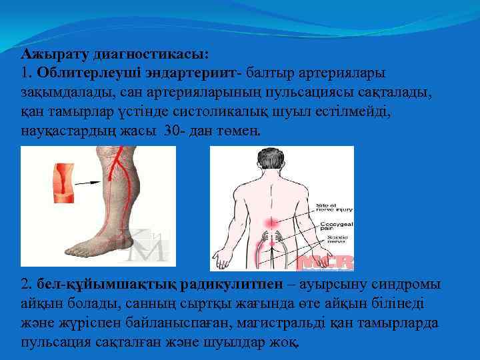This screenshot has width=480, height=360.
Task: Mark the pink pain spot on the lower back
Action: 270,222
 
